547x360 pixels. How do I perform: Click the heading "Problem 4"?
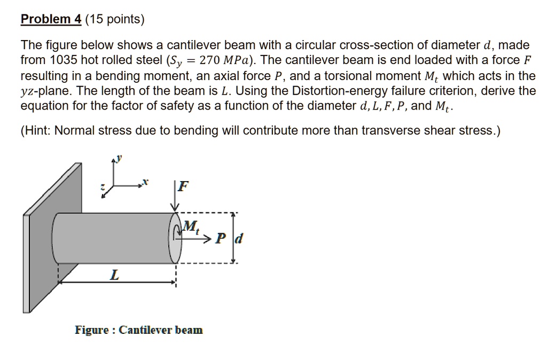tap(50, 20)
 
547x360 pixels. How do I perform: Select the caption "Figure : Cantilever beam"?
tap(139, 330)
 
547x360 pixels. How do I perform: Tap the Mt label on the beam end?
tap(190, 227)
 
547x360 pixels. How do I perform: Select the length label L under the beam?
tap(114, 276)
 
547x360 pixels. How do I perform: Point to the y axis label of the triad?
tap(120, 158)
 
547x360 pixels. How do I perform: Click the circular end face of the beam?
tap(176, 238)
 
